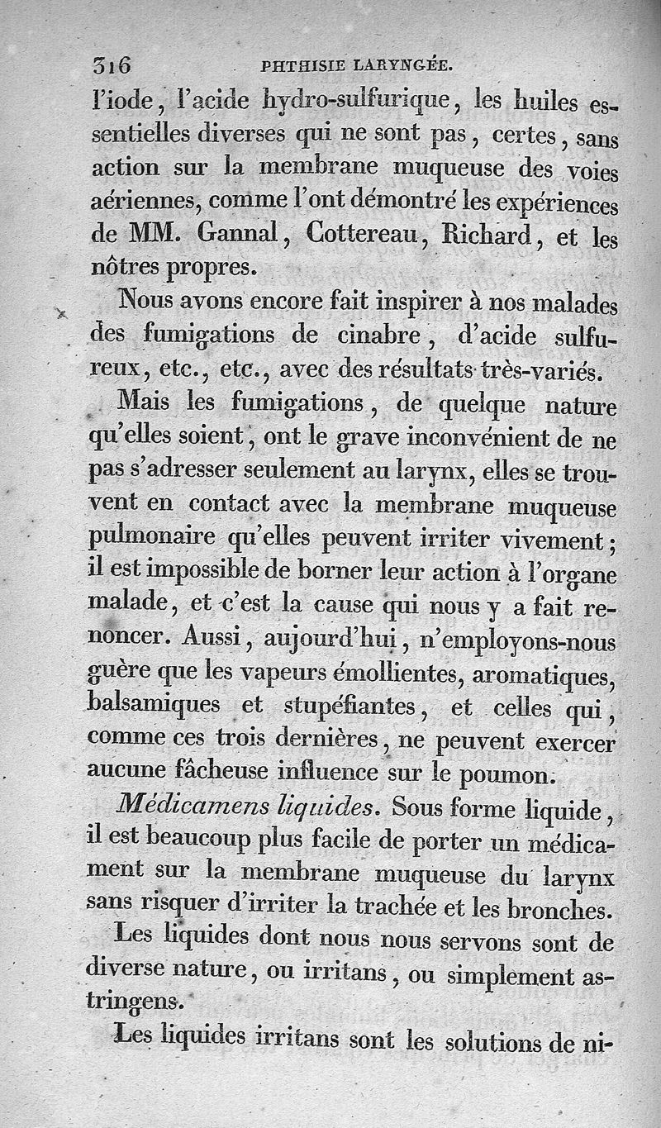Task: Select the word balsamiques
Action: [155, 705]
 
